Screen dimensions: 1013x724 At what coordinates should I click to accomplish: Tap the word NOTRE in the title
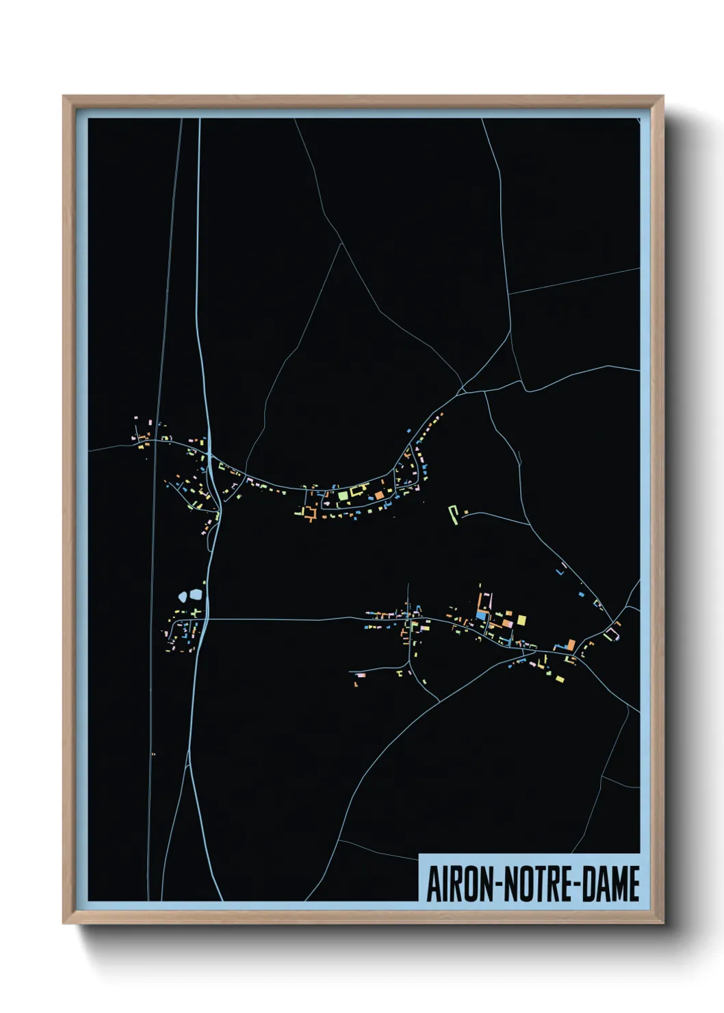click(x=540, y=884)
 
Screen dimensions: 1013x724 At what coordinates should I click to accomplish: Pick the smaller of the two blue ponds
click(x=182, y=597)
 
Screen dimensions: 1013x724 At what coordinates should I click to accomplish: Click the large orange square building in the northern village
click(x=378, y=495)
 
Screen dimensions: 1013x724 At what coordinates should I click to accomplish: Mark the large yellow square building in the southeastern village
click(x=521, y=620)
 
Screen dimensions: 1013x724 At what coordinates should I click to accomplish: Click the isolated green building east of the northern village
click(x=452, y=514)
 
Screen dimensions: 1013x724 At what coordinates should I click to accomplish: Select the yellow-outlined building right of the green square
click(x=358, y=490)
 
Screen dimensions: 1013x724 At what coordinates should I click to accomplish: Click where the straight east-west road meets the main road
click(x=205, y=619)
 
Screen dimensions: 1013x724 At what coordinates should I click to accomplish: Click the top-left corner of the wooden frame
click(x=64, y=97)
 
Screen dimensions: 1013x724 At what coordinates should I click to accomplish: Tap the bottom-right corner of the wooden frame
click(x=662, y=923)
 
